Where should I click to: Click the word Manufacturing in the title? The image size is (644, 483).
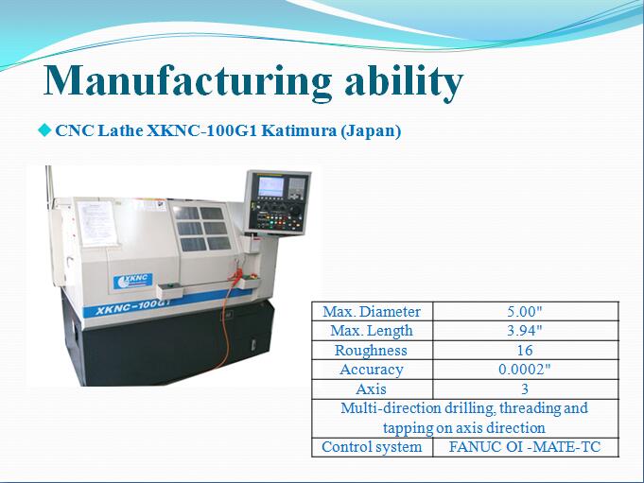click(x=187, y=80)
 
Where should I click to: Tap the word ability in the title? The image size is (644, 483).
click(x=404, y=82)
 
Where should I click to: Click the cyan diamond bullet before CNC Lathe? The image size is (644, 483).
click(x=44, y=130)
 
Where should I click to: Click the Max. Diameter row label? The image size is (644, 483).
click(x=372, y=312)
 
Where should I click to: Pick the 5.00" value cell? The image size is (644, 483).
click(x=525, y=311)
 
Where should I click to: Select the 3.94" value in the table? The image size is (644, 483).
click(x=525, y=330)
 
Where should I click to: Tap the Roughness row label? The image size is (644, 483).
click(x=371, y=350)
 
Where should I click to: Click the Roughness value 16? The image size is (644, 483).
click(x=525, y=350)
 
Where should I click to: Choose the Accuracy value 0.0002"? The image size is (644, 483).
click(x=525, y=370)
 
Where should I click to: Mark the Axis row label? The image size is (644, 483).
click(x=372, y=388)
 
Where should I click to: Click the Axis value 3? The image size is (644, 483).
click(x=525, y=388)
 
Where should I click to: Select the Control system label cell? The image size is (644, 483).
click(x=372, y=447)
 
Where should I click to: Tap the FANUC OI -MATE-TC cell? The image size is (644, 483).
click(x=526, y=447)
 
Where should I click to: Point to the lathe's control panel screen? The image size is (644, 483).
click(x=270, y=187)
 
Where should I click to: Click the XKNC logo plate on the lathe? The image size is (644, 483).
click(x=132, y=281)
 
